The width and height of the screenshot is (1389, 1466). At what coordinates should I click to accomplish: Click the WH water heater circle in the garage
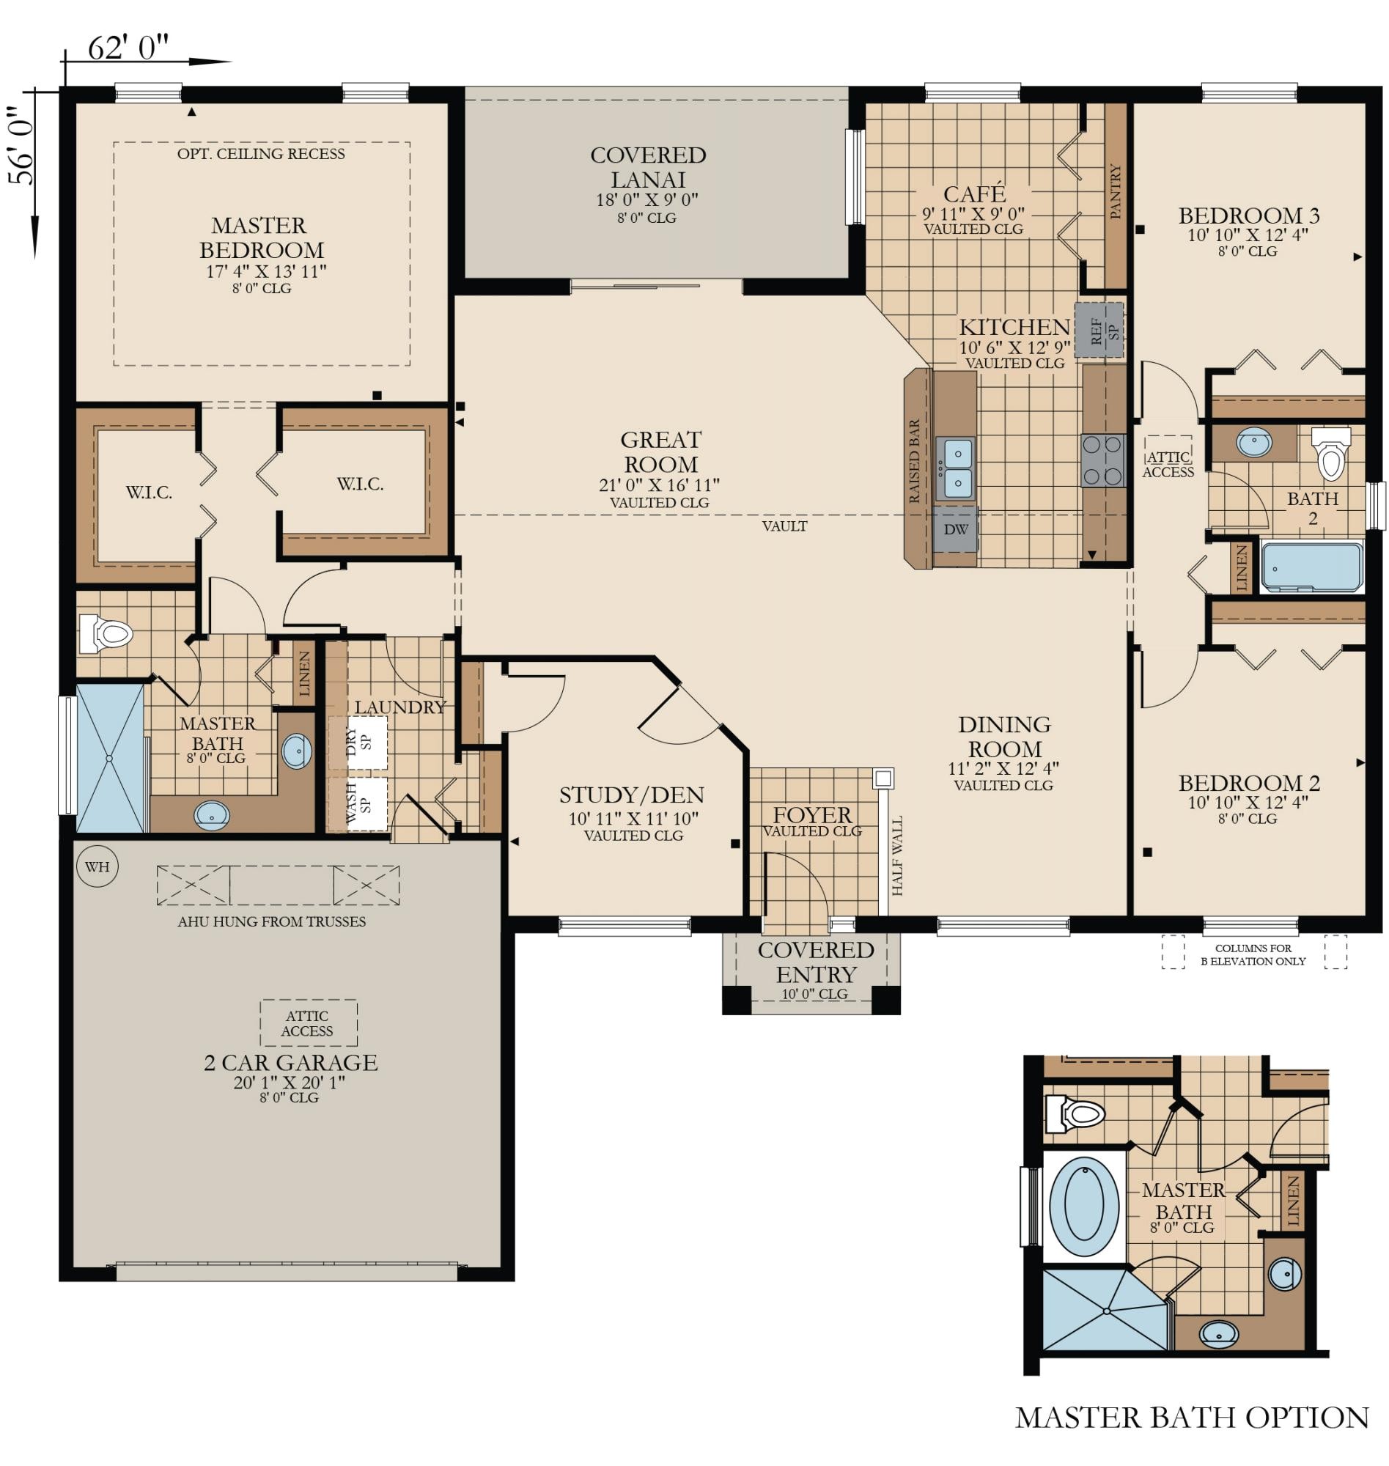[97, 866]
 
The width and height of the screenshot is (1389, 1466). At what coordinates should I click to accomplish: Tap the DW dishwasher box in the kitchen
[956, 529]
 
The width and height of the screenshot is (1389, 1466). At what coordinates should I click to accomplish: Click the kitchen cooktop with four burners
[1103, 460]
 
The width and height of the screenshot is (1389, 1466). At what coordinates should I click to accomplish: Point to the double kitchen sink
[956, 468]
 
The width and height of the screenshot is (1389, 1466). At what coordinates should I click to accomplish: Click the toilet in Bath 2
[1330, 452]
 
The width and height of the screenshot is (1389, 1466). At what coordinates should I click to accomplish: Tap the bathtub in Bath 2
[1311, 567]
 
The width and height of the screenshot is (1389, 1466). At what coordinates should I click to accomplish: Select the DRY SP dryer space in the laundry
[358, 742]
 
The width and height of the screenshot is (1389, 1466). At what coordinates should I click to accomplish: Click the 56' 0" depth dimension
[21, 145]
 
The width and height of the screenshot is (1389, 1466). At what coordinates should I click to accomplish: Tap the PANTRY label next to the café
[1116, 192]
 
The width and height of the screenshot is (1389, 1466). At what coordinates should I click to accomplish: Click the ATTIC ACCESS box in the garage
[308, 1023]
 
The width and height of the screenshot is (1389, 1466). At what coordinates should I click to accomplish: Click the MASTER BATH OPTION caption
[1192, 1418]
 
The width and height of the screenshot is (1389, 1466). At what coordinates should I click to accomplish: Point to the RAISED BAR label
[915, 462]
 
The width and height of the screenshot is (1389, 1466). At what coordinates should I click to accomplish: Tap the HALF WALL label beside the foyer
[897, 856]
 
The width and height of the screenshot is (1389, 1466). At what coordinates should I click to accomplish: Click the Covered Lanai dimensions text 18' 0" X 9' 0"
[647, 200]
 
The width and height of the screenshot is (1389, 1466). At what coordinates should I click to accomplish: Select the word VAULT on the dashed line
[785, 526]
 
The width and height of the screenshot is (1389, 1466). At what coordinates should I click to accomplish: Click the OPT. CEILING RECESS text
[262, 154]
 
